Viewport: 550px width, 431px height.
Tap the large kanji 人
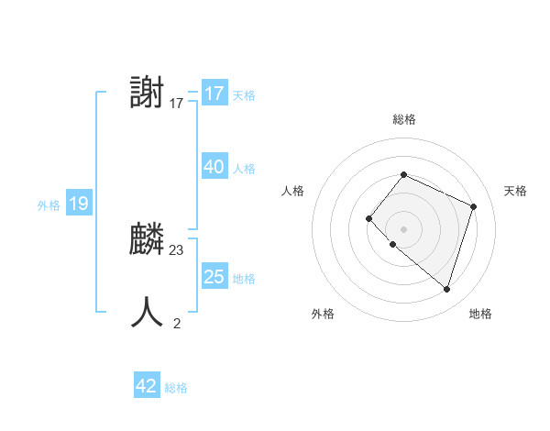tap(148, 312)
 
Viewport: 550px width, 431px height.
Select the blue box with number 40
tap(214, 167)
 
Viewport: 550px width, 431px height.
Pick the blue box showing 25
tap(214, 277)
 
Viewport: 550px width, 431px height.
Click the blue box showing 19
tap(78, 204)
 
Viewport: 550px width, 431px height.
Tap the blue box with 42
tap(147, 386)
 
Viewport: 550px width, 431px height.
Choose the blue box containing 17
tap(214, 94)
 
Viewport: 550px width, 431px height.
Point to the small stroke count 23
tap(177, 250)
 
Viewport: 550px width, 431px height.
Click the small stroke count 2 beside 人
tap(177, 323)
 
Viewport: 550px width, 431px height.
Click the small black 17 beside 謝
tap(177, 104)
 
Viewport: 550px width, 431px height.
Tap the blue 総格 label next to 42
tap(176, 388)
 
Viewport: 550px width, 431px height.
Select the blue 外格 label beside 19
tap(49, 205)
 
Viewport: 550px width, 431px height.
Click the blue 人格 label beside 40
tap(244, 169)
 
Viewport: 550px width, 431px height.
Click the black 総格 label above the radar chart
tap(403, 119)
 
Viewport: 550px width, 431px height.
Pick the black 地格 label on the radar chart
tap(480, 314)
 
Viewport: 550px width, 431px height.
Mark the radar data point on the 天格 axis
tap(473, 206)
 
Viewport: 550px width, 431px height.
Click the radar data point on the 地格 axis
tap(446, 289)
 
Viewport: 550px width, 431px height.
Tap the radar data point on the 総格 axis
tap(403, 174)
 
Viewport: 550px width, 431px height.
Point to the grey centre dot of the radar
tap(403, 229)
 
